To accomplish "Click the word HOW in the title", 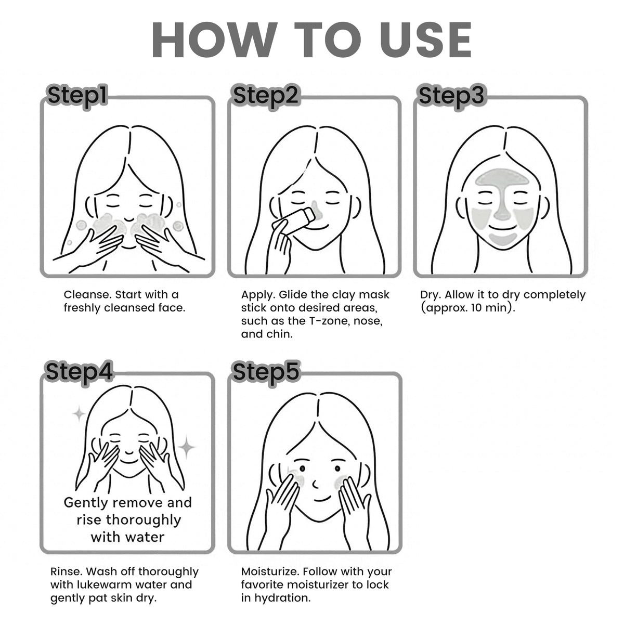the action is pos(215,40).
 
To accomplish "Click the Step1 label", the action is pos(77,96).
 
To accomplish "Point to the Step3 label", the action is pos(452,96).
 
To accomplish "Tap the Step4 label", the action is pos(79,372).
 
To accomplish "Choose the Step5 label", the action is pos(266,372).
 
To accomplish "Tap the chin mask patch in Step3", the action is pos(502,239).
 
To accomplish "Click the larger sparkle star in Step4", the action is pos(187,447).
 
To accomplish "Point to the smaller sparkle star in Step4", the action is pos(79,413).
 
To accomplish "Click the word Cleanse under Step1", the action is pos(88,295).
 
